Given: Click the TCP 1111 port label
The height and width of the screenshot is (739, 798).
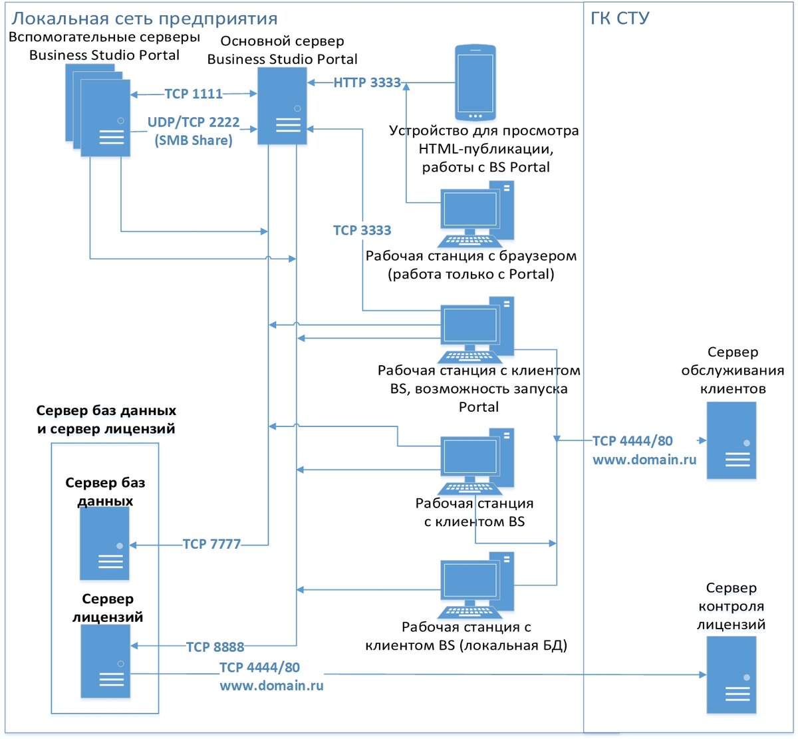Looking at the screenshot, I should click(x=194, y=94).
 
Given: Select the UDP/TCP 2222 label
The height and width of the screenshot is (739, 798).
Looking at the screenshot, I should click(x=194, y=122).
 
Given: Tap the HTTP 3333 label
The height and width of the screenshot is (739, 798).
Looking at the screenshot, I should click(x=367, y=83).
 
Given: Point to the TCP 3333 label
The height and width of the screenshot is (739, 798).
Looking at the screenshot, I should click(x=362, y=230).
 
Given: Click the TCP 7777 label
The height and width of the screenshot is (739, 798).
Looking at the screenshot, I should click(x=212, y=544).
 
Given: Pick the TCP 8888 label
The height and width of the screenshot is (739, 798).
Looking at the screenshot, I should click(x=215, y=647).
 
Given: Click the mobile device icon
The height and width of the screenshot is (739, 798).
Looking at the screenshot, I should click(x=475, y=82).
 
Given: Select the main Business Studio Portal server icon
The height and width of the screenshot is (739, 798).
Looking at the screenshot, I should click(x=282, y=106).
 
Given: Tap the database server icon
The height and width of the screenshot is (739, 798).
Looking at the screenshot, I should click(x=104, y=543).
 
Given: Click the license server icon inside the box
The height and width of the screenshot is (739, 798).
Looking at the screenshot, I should click(x=106, y=661).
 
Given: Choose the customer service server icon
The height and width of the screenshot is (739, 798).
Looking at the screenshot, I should click(x=731, y=440).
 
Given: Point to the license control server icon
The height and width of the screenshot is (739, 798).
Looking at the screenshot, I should click(x=731, y=674).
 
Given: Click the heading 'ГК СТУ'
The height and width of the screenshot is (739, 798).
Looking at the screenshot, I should click(x=620, y=18).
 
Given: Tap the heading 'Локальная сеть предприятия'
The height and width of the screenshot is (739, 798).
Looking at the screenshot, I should click(x=144, y=18).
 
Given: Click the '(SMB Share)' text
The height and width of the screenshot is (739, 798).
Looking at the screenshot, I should click(x=194, y=140).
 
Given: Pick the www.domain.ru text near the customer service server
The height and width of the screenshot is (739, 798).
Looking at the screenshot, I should click(x=644, y=459).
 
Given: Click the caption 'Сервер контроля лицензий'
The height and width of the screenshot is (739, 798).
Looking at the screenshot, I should click(x=731, y=606).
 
